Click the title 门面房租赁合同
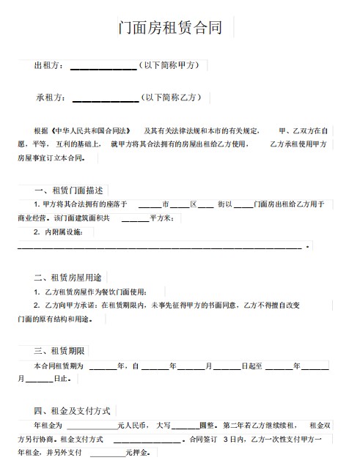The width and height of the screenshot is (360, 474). click(x=171, y=29)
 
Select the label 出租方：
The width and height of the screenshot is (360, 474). click(x=49, y=66)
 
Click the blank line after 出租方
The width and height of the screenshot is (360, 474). click(x=103, y=68)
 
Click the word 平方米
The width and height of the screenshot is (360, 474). click(x=161, y=218)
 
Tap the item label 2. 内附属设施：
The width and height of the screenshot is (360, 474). click(x=63, y=232)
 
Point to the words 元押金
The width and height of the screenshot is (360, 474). click(x=137, y=453)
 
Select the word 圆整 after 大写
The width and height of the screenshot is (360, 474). click(x=207, y=425)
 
